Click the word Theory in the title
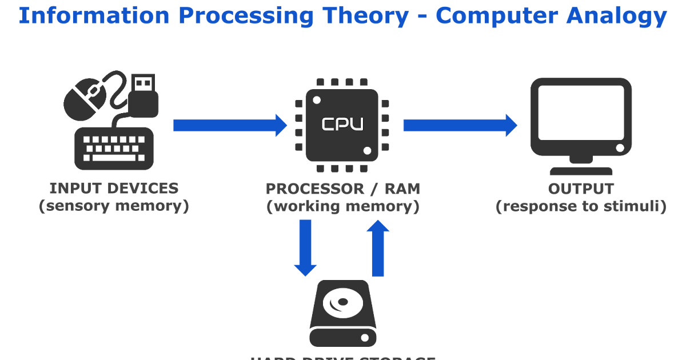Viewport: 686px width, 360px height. [373, 16]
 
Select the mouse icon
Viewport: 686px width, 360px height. [86, 97]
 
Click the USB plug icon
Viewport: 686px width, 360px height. [143, 94]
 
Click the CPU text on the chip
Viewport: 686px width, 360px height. [342, 124]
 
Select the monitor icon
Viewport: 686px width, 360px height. [581, 117]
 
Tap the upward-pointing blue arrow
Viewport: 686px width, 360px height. [377, 249]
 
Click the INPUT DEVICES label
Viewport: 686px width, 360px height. [114, 188]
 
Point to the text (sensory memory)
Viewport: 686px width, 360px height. [114, 206]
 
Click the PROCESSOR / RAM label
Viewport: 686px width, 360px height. [343, 189]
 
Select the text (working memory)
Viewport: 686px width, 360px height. [343, 206]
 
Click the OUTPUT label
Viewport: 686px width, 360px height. [581, 189]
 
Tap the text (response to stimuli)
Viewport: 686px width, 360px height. [581, 206]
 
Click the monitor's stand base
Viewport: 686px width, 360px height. [581, 170]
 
